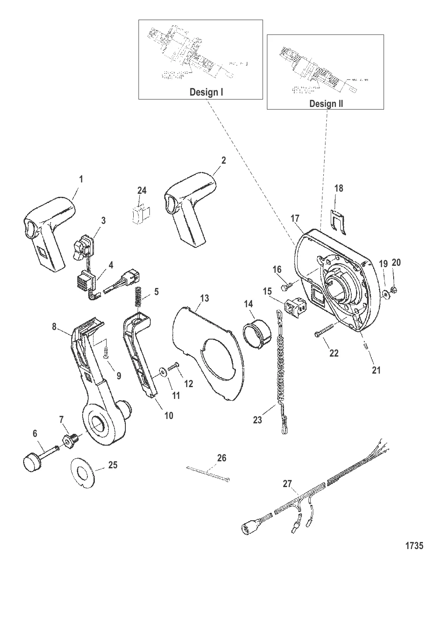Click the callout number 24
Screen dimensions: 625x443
tap(142, 190)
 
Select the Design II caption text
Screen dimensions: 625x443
tap(326, 103)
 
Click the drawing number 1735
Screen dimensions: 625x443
tap(414, 545)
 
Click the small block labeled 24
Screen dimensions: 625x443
tap(141, 214)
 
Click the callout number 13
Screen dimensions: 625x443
tap(204, 299)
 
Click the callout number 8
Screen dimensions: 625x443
tap(54, 326)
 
